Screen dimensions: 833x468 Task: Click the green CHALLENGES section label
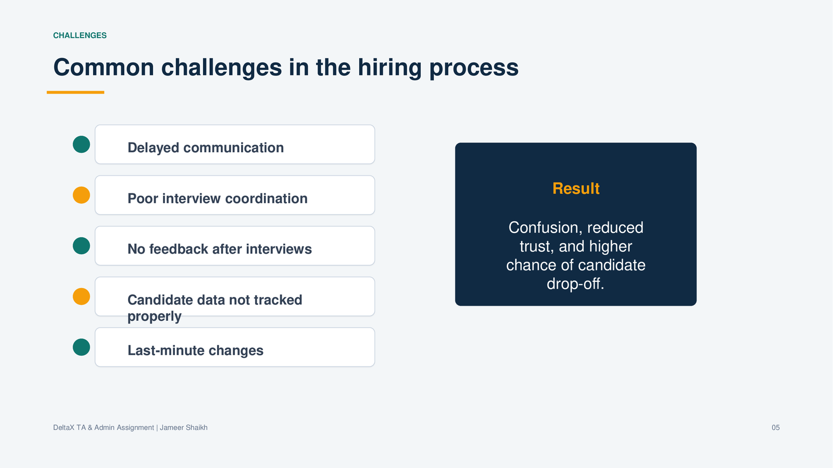[x=80, y=35]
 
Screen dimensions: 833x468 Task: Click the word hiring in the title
[x=390, y=68]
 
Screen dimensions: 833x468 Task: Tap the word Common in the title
[x=104, y=68]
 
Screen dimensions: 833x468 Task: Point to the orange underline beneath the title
[x=75, y=92]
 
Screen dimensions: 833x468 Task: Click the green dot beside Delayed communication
[x=81, y=144]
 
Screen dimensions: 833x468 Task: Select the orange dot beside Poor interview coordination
[x=81, y=195]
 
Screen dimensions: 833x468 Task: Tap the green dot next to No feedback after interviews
[x=81, y=246]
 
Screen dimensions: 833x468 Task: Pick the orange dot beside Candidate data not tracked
[x=81, y=296]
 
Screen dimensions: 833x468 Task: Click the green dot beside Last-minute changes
[x=81, y=347]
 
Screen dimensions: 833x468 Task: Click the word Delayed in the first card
[x=154, y=148]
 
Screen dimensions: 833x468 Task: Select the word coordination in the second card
[x=266, y=198]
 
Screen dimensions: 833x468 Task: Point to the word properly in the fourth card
[x=154, y=317]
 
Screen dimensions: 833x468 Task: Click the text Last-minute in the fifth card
[x=162, y=350]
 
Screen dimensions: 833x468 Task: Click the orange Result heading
[x=576, y=188]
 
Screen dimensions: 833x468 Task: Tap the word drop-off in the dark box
[x=575, y=284]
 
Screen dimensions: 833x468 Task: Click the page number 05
[x=775, y=427]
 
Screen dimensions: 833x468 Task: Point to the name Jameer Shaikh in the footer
[x=184, y=427]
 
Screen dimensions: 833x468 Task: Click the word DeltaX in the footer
[x=64, y=427]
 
